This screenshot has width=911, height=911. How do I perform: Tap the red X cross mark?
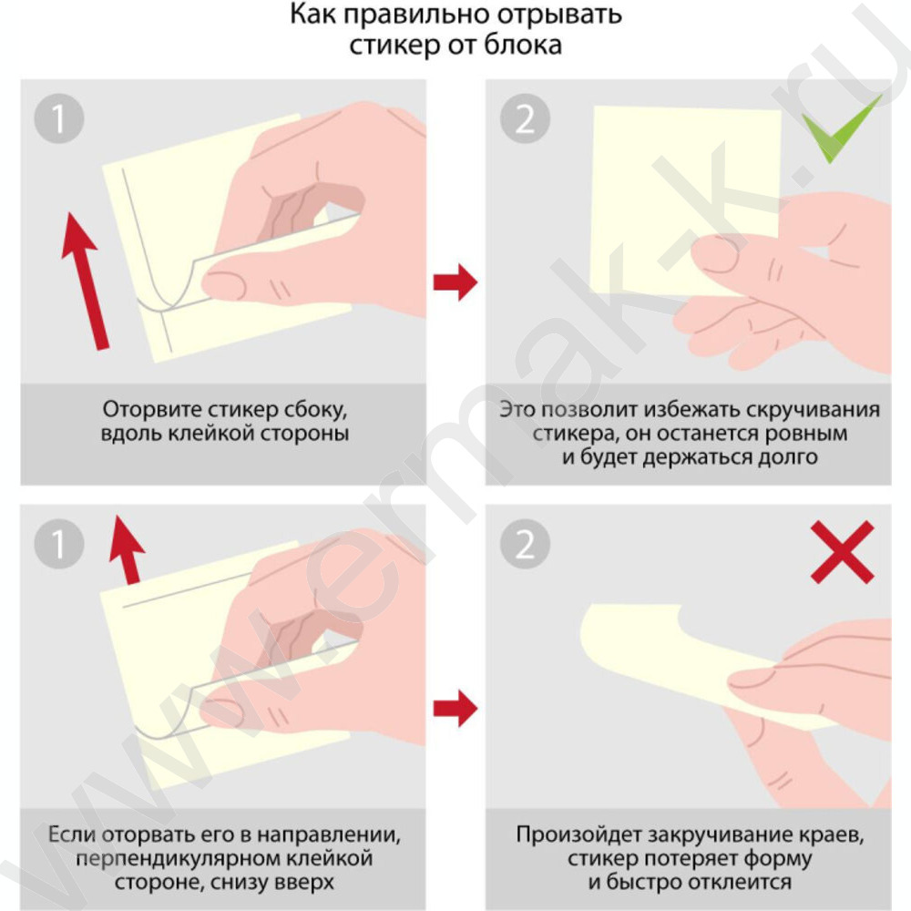coord(843,551)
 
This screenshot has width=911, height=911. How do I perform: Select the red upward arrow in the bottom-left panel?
coord(127,549)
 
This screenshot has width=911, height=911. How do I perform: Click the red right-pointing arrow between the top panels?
coord(455,282)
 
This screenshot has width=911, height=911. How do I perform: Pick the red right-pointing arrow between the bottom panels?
coord(455,708)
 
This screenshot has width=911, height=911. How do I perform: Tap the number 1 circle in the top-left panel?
coord(59,118)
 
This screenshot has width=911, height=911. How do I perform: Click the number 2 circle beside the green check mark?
coord(526,118)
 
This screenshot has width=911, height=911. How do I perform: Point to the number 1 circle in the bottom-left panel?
coord(59,544)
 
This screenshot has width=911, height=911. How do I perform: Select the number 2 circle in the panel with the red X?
coord(526,544)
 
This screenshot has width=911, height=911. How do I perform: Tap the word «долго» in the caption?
coord(788,458)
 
